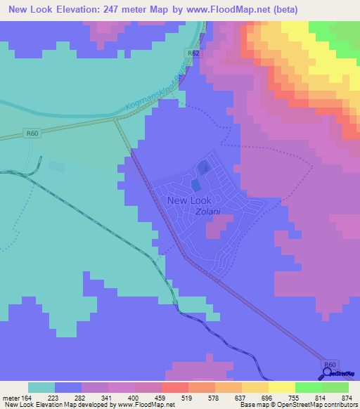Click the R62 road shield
pyautogui.click(x=194, y=53)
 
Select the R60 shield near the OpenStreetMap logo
pyautogui.click(x=330, y=364)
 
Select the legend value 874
pyautogui.click(x=345, y=397)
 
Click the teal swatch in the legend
pyautogui.click(x=41, y=387)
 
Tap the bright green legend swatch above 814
pyautogui.click(x=309, y=387)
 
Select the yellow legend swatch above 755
pyautogui.click(x=282, y=387)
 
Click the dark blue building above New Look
pyautogui.click(x=203, y=167)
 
